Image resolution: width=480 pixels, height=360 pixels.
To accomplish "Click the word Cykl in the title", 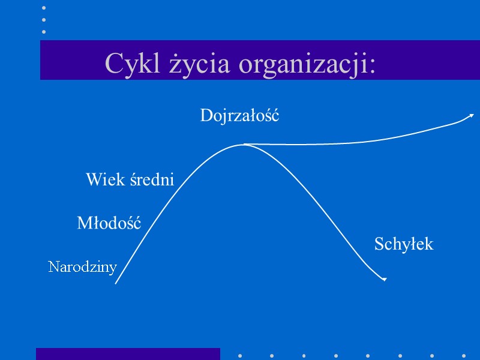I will pyautogui.click(x=124, y=64).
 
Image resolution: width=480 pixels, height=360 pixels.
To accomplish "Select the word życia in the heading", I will pyautogui.click(x=174, y=64).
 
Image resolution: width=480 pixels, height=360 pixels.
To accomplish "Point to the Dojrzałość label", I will pyautogui.click(x=239, y=116).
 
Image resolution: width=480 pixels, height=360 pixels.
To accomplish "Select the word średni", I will pyautogui.click(x=151, y=179).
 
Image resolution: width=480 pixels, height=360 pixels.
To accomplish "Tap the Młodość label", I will pyautogui.click(x=109, y=224).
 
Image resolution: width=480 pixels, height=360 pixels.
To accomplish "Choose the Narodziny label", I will pyautogui.click(x=82, y=267).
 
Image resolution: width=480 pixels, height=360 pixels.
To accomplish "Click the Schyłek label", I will pyautogui.click(x=403, y=245).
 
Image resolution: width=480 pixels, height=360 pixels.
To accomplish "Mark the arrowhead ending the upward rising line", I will pyautogui.click(x=472, y=115).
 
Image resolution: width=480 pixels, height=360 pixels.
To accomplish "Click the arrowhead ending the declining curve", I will pyautogui.click(x=384, y=280).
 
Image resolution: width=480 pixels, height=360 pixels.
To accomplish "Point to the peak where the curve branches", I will pyautogui.click(x=243, y=144).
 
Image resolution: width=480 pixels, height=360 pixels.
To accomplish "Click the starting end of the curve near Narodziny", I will pyautogui.click(x=116, y=283).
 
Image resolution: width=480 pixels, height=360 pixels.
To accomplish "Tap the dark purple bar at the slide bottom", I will pyautogui.click(x=128, y=354).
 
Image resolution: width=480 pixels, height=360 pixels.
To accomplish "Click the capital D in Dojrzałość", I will pyautogui.click(x=206, y=116).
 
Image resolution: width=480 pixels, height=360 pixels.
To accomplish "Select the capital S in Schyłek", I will pyautogui.click(x=379, y=245).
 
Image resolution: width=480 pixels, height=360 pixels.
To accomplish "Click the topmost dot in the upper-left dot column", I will pyautogui.click(x=44, y=8).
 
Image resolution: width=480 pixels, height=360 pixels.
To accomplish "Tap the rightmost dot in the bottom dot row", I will pyautogui.click(x=464, y=355).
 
